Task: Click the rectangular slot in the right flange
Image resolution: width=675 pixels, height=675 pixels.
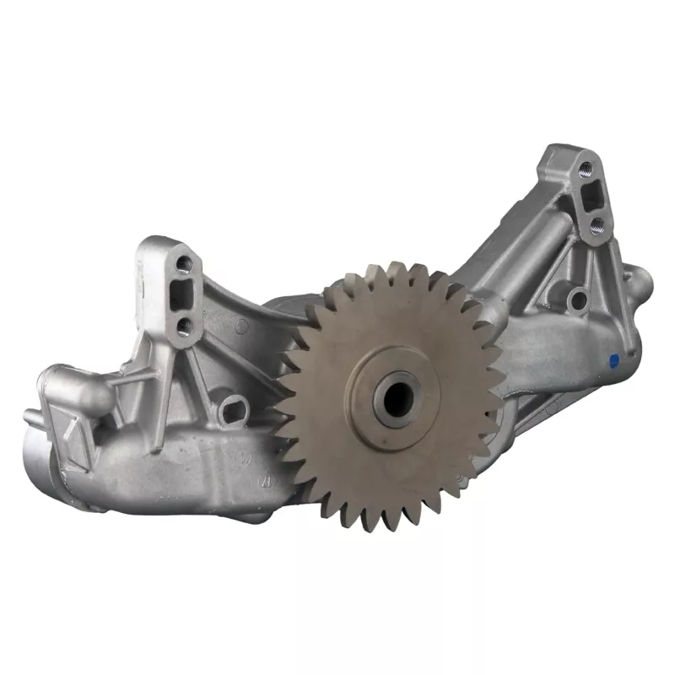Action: (590, 194)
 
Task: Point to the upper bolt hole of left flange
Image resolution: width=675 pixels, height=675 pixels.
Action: (185, 265)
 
